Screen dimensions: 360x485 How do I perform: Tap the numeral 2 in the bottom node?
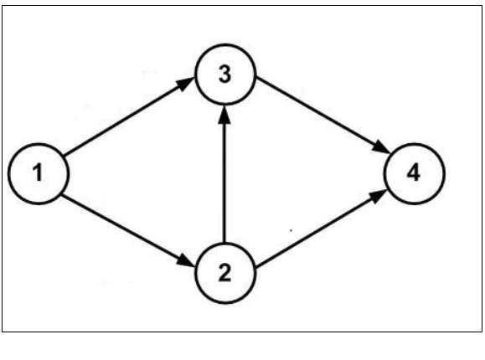(224, 273)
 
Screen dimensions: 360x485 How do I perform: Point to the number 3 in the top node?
(224, 75)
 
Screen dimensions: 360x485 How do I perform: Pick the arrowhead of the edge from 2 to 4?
(381, 194)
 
